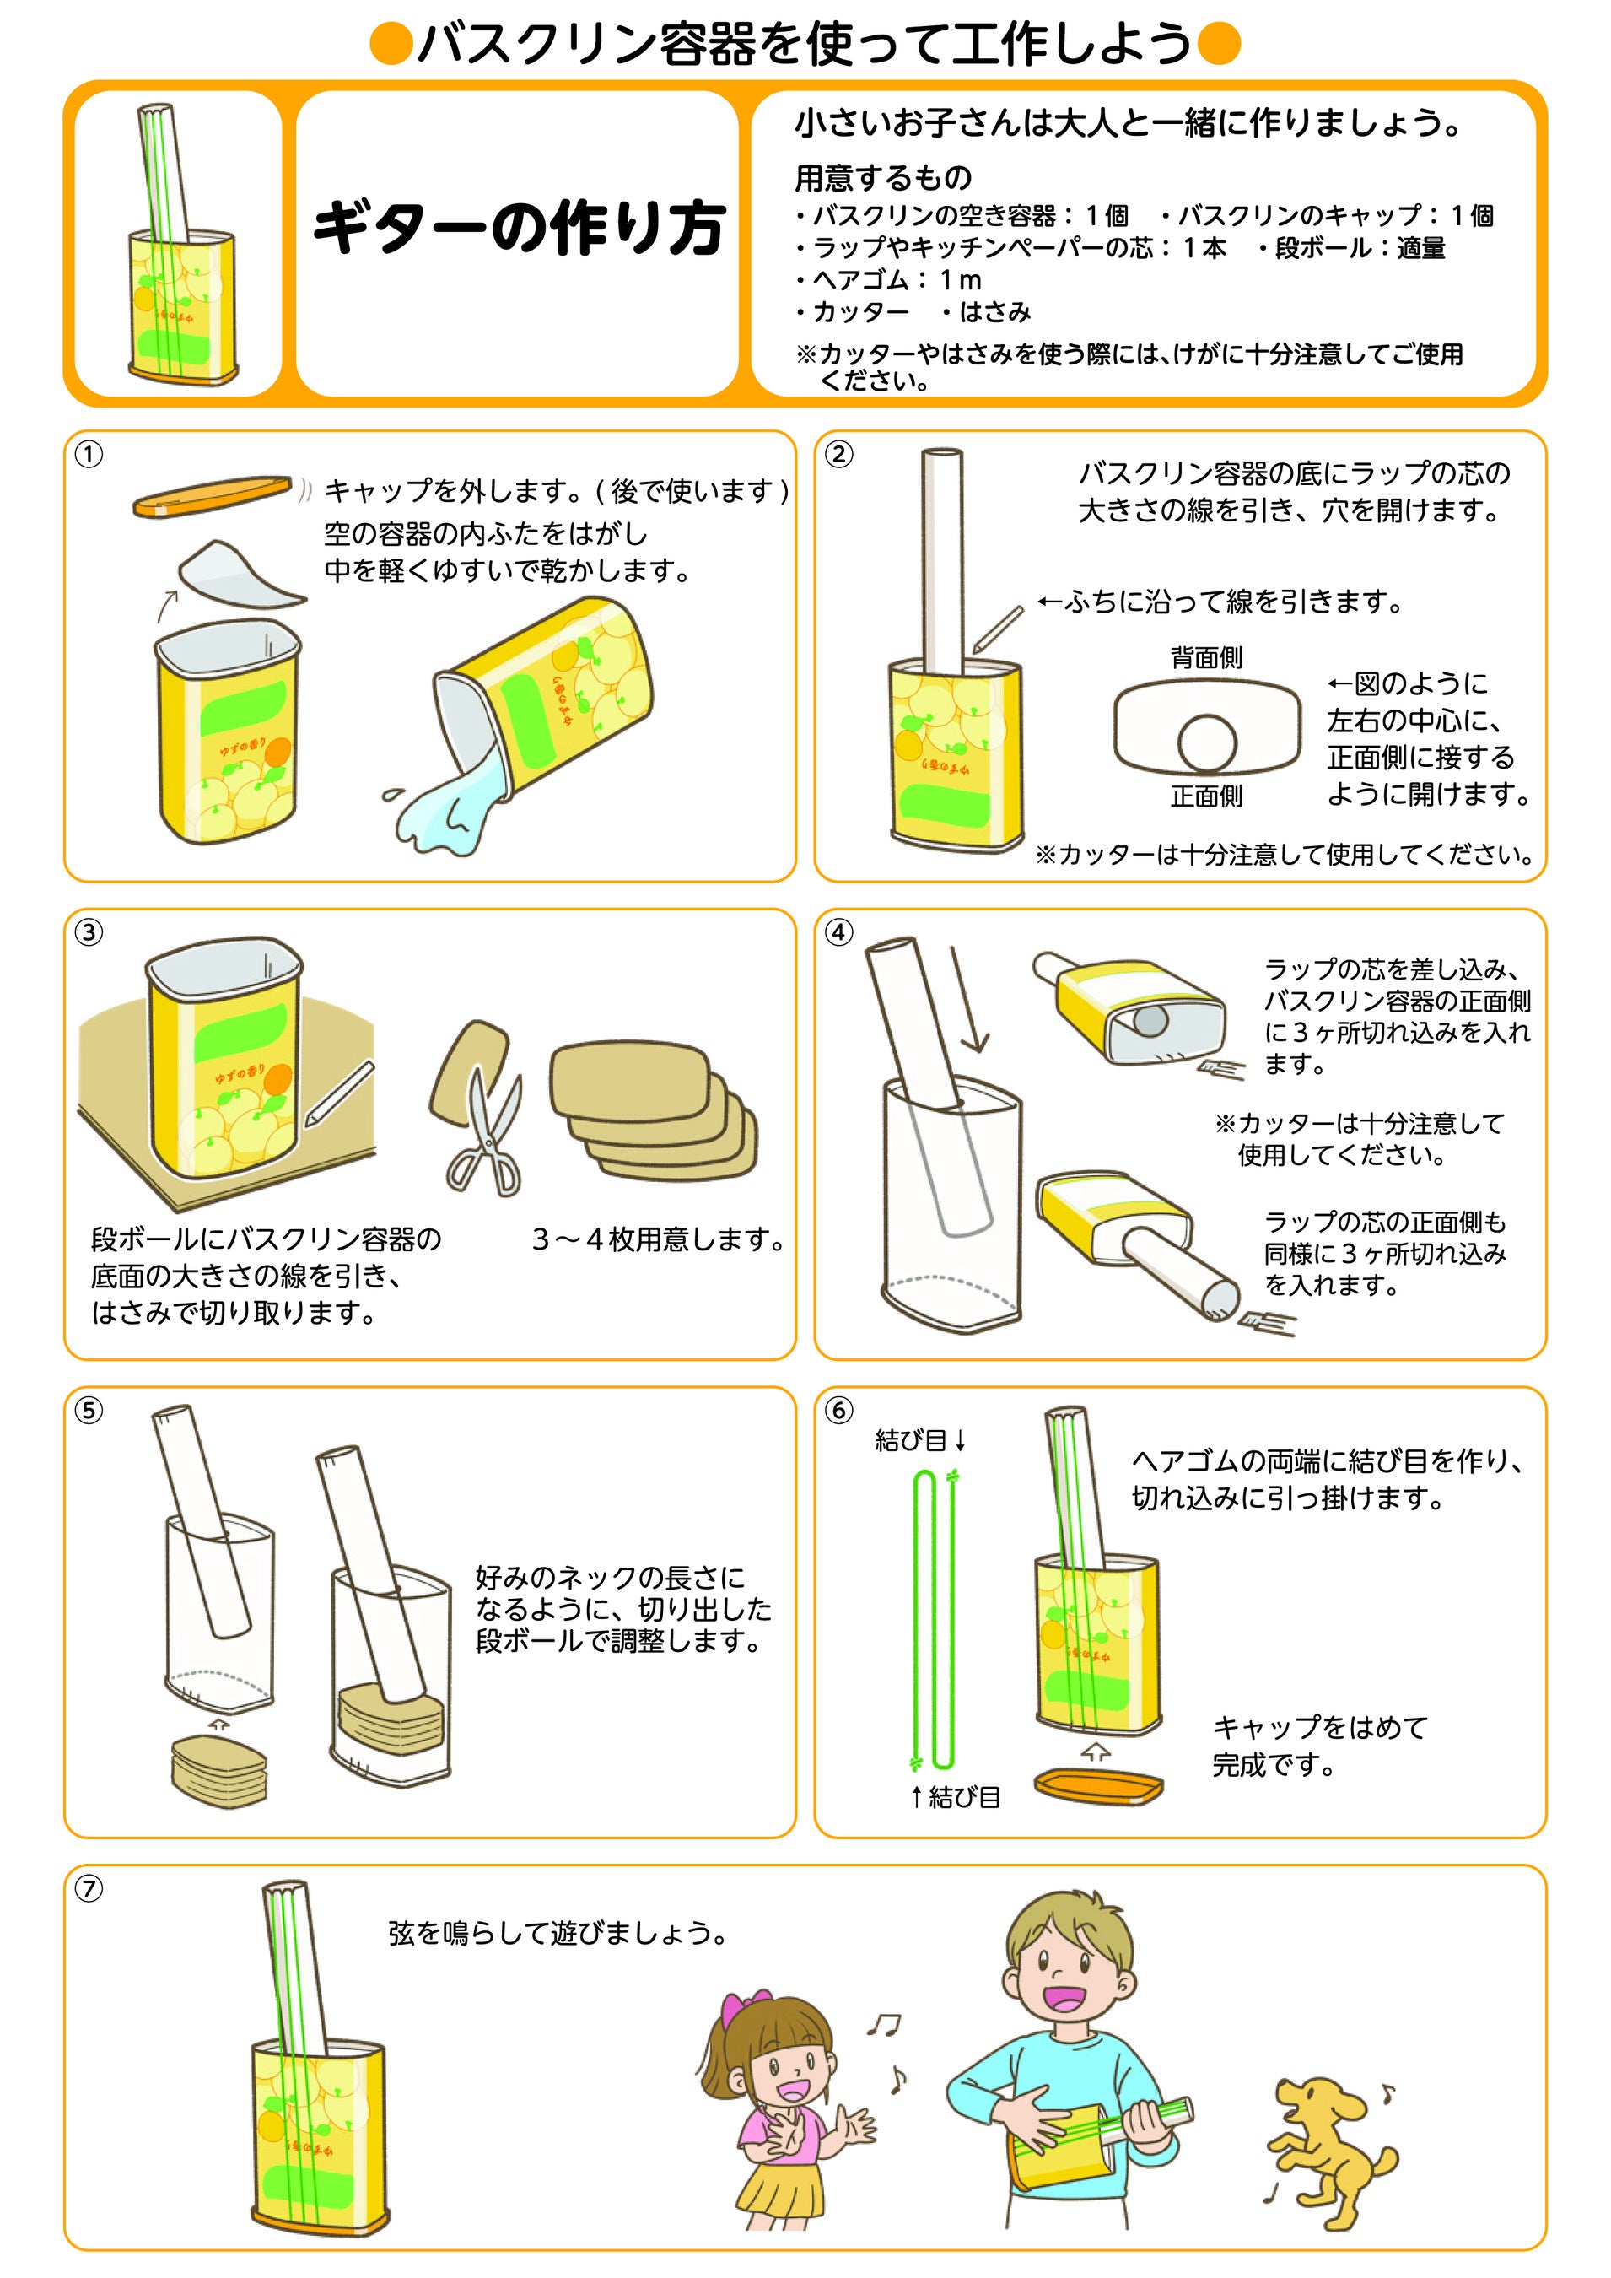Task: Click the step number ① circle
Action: [x=89, y=455]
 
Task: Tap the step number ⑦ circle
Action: [x=89, y=1888]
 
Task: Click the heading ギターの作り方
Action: [x=518, y=228]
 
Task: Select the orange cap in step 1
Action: [x=210, y=496]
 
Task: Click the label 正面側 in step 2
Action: [x=1205, y=796]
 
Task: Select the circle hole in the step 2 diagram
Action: [x=1207, y=743]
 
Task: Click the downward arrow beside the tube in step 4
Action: [x=969, y=1000]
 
